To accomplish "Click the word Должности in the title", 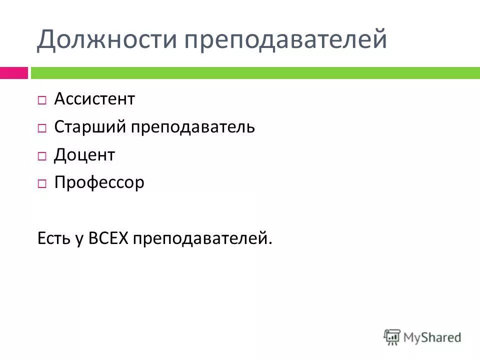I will point(102,39).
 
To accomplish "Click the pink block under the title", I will point(14,73).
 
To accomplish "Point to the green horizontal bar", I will point(255,73).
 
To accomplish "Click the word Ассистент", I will point(94,99).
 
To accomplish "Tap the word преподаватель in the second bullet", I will point(193,127).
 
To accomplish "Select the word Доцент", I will point(84,155).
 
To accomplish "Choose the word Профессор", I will point(99,182).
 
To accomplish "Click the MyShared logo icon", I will point(392,337).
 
